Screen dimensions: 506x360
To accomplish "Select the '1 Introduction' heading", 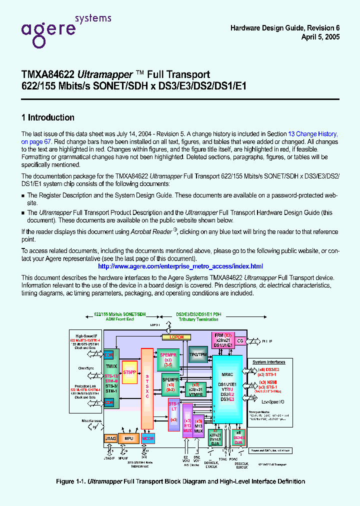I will click(47, 117).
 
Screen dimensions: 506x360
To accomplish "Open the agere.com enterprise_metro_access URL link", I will click(180, 266).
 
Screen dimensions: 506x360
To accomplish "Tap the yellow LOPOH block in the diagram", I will click(176, 337).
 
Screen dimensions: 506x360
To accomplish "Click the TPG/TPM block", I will click(198, 354).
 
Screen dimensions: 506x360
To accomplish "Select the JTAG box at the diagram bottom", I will click(110, 438).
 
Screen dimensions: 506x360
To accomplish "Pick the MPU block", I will click(128, 438).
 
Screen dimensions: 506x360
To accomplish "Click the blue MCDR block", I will click(148, 438).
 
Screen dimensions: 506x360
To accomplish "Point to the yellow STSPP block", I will click(129, 372).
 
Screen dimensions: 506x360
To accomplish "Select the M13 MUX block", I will click(198, 427).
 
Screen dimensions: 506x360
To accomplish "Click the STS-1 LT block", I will click(173, 410).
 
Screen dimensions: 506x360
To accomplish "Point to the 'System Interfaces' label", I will click(268, 362).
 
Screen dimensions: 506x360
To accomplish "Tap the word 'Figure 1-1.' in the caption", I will click(70, 481).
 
